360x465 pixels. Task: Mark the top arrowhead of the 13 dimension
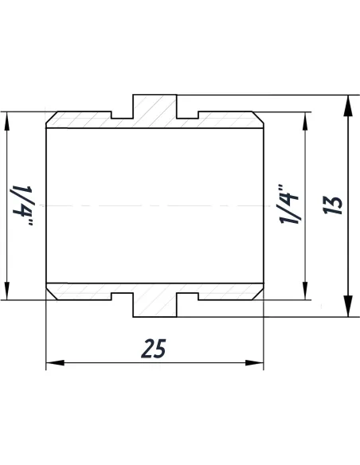[x=348, y=102]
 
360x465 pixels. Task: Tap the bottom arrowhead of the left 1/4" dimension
[x=8, y=295]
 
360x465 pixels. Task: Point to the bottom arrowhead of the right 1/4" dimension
[x=304, y=295]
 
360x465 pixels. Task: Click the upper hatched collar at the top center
[x=155, y=110]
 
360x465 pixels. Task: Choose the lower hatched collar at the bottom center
[x=155, y=303]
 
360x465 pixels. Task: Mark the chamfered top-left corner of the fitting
[x=49, y=116]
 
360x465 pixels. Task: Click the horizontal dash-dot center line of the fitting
[x=155, y=206]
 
